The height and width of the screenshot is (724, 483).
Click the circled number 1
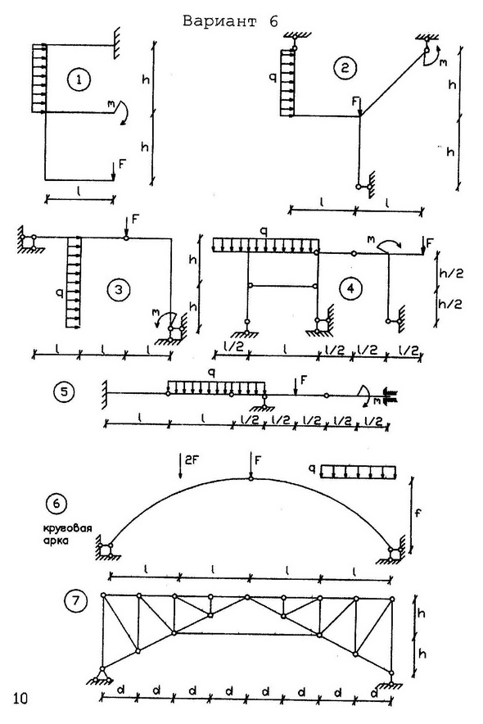[x=79, y=80]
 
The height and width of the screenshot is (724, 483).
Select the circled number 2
[x=345, y=68]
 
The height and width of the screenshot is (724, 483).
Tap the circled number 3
[x=119, y=290]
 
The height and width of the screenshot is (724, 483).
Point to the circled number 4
[x=350, y=288]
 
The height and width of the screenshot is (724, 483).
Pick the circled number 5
[x=64, y=391]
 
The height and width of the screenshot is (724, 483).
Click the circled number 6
[x=56, y=504]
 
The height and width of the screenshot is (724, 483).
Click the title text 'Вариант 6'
[x=231, y=21]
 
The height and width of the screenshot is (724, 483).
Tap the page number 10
[x=20, y=698]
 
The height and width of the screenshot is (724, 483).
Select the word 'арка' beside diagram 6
[x=56, y=541]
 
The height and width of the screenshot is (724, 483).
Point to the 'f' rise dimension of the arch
[x=418, y=513]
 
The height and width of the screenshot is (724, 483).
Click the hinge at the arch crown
[x=251, y=479]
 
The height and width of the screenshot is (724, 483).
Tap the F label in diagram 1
[x=122, y=164]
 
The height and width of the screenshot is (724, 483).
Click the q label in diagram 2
[x=273, y=79]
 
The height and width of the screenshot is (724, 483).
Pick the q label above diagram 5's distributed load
[x=212, y=374]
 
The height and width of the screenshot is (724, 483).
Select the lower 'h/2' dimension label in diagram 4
[x=450, y=304]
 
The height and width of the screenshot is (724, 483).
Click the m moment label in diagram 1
[x=111, y=106]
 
